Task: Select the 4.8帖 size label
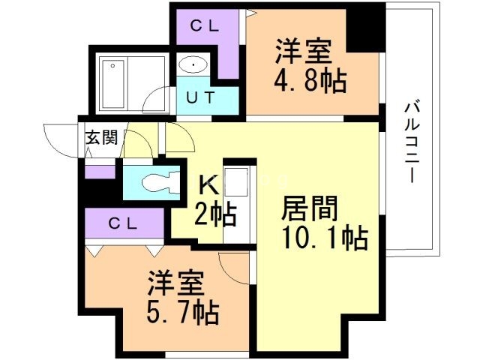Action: (311, 79)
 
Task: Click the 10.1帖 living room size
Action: (324, 238)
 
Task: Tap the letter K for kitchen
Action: (208, 184)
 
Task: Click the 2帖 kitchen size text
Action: (217, 215)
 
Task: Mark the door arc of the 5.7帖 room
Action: (235, 268)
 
